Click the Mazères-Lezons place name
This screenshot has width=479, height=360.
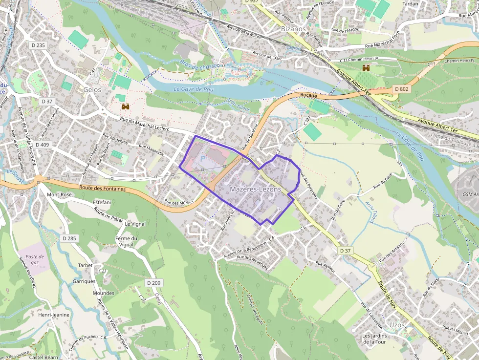pos(255,189)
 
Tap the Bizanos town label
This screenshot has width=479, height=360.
pos(293,29)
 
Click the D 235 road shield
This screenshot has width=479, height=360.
pos(38,45)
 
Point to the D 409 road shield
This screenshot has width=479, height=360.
pos(43,145)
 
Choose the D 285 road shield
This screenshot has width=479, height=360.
pos(69,238)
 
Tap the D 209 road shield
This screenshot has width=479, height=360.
pos(153,283)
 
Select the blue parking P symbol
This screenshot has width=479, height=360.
pos(203,159)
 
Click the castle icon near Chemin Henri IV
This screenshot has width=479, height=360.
pos(366,67)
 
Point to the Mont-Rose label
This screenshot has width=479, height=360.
pos(59,194)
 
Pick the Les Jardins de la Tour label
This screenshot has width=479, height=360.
pos(374,339)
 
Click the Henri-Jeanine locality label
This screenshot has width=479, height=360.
pos(54,315)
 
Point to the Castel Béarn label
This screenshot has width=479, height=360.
pos(44,357)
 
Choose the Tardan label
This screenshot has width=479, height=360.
pos(410,3)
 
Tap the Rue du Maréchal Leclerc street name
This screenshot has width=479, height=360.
pos(144,126)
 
